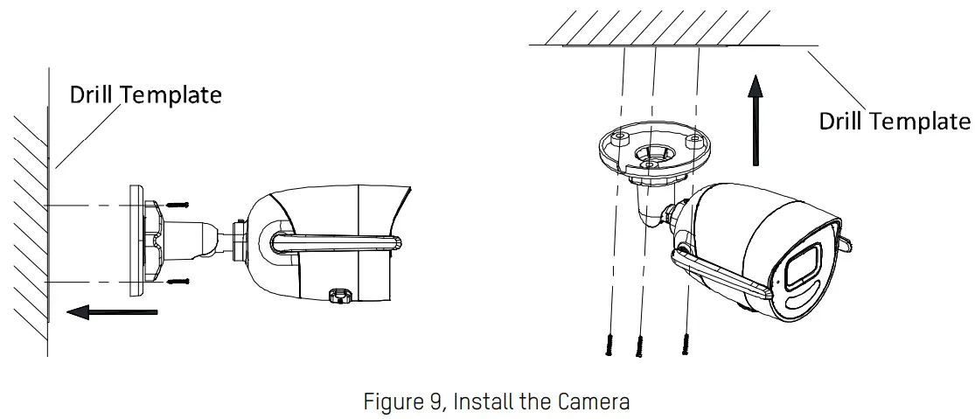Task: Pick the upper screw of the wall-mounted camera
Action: click(178, 205)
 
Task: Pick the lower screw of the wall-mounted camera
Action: click(178, 282)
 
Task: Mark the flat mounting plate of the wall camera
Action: click(136, 239)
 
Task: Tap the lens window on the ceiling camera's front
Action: click(802, 268)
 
